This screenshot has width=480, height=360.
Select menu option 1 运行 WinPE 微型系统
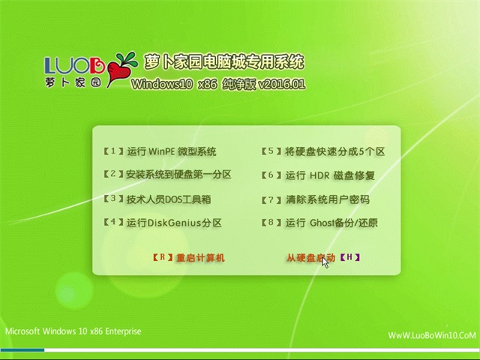coord(160,151)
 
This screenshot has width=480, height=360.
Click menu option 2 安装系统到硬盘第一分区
coord(167,175)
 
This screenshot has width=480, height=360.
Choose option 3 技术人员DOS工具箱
coord(157,199)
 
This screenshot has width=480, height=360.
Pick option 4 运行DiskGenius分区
coord(163,223)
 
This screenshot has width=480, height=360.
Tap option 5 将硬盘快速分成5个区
coord(323,151)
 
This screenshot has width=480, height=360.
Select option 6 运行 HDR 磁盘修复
coord(318,175)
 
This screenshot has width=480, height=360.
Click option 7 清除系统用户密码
coord(315,199)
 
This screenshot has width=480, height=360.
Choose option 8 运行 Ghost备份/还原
coord(319,223)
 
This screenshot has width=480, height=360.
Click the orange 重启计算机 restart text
coord(200,258)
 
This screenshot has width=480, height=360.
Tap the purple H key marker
coord(350,257)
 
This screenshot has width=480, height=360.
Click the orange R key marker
coord(163,257)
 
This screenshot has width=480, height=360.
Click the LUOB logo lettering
coord(75,65)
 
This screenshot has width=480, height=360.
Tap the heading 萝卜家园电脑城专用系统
coord(223,61)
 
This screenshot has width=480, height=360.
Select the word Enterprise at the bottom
coord(123,331)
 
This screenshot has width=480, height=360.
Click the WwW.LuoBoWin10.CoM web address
coord(432,335)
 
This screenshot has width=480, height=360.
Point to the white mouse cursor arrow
coord(325,263)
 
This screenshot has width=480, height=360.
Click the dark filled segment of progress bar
coord(22,350)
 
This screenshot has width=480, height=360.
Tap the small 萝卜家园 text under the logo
coord(73,82)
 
